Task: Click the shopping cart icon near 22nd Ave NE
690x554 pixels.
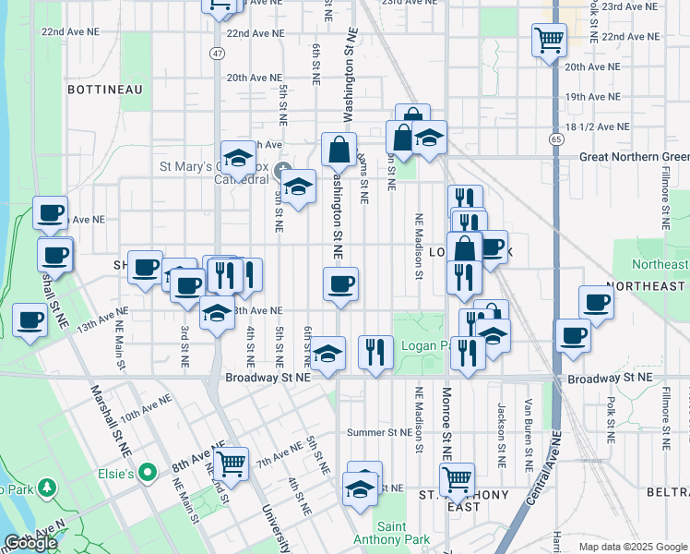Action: [549, 40]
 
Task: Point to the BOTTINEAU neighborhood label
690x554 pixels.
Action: [104, 90]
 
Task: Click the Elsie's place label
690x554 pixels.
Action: [137, 475]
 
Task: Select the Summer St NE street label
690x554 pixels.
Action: [378, 432]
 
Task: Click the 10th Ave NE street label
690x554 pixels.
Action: [145, 408]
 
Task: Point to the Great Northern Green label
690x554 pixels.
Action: [633, 157]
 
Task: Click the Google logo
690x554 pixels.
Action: [30, 543]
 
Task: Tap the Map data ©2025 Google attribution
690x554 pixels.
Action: [632, 547]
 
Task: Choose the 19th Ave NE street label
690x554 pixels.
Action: [597, 97]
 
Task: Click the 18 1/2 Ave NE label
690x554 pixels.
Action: [598, 126]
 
